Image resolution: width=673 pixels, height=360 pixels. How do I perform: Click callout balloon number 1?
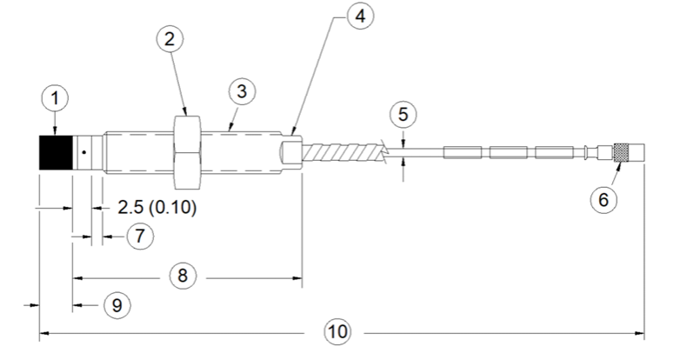click(55, 98)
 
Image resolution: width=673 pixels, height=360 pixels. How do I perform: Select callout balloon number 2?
click(170, 39)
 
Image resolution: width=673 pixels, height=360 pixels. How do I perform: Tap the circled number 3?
click(242, 91)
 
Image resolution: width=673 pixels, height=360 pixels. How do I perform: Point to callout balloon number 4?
click(361, 16)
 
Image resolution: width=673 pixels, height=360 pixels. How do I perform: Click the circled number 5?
click(403, 115)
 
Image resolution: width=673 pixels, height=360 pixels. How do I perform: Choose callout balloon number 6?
click(603, 199)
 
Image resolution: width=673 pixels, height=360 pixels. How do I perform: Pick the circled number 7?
click(140, 236)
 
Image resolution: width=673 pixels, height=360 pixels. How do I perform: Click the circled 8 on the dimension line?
click(183, 276)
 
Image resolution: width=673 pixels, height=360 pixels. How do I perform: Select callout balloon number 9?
click(117, 305)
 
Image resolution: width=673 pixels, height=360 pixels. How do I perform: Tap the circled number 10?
click(337, 331)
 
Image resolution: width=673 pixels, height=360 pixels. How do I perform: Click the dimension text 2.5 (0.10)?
click(157, 208)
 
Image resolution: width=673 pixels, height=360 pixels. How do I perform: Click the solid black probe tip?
click(56, 153)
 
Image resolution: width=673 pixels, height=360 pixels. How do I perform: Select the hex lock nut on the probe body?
click(187, 153)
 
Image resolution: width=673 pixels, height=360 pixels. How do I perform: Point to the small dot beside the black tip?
click(84, 152)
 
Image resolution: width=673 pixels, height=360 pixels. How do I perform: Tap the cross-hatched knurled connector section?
click(621, 153)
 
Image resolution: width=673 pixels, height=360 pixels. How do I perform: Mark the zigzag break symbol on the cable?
click(384, 153)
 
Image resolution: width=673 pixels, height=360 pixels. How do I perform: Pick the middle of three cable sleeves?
click(509, 153)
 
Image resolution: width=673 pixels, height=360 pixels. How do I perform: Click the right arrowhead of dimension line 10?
click(640, 333)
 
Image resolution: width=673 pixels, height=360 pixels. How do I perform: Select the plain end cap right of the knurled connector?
click(636, 153)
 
